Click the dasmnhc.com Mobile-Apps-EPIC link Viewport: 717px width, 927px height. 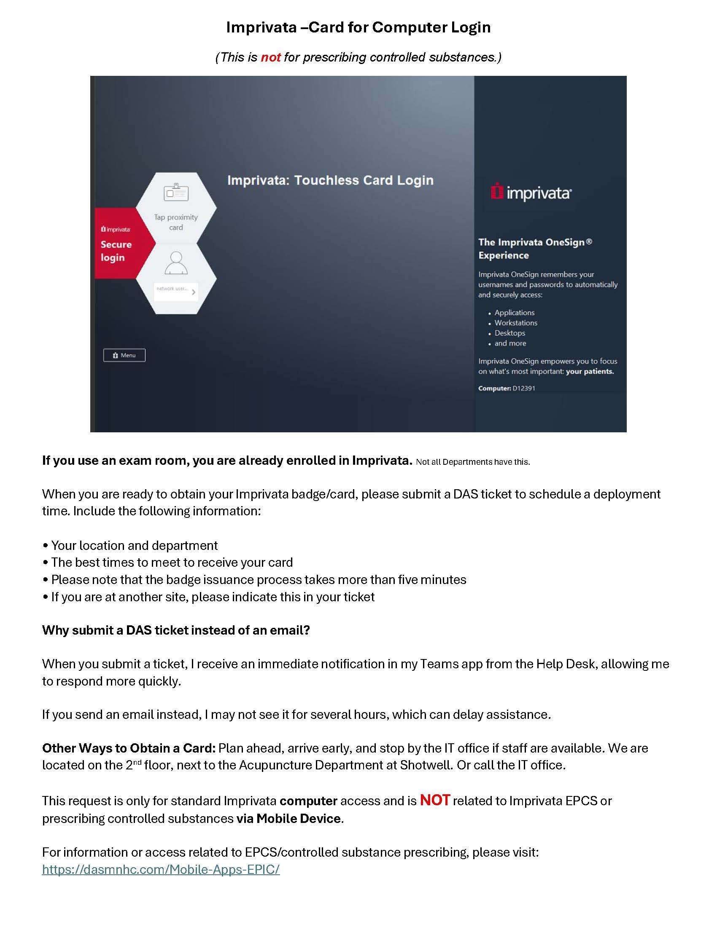coord(161,870)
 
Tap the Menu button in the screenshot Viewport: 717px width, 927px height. coord(124,355)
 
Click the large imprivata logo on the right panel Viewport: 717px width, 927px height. coord(531,193)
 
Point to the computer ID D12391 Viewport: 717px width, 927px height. coord(524,388)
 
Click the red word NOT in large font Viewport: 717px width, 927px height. coord(434,800)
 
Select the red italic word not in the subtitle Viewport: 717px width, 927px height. coord(270,57)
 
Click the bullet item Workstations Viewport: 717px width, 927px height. coord(516,323)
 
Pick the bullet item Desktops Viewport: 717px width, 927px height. coord(510,333)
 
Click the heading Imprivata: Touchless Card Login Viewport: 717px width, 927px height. coord(330,180)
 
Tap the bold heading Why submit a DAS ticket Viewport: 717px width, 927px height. coord(176,630)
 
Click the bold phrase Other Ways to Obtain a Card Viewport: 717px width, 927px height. coord(129,748)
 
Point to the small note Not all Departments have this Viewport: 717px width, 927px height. coord(473,462)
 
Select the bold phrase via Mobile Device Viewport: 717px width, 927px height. coord(288,818)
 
